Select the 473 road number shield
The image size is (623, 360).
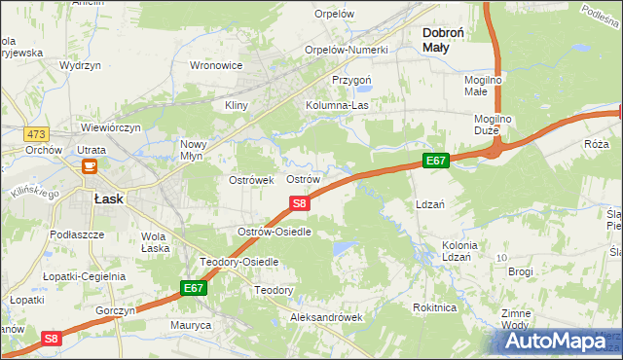(38, 105)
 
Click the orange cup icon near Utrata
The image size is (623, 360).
(89, 166)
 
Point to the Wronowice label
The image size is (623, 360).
(216, 66)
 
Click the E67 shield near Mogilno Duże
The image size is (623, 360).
(435, 159)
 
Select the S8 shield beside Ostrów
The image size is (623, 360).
(300, 202)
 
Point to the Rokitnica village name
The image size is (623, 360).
(434, 307)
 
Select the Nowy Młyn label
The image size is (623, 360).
(197, 150)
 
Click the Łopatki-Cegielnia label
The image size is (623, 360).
(85, 276)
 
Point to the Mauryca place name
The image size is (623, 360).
(191, 325)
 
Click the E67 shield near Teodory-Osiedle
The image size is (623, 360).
(193, 288)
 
